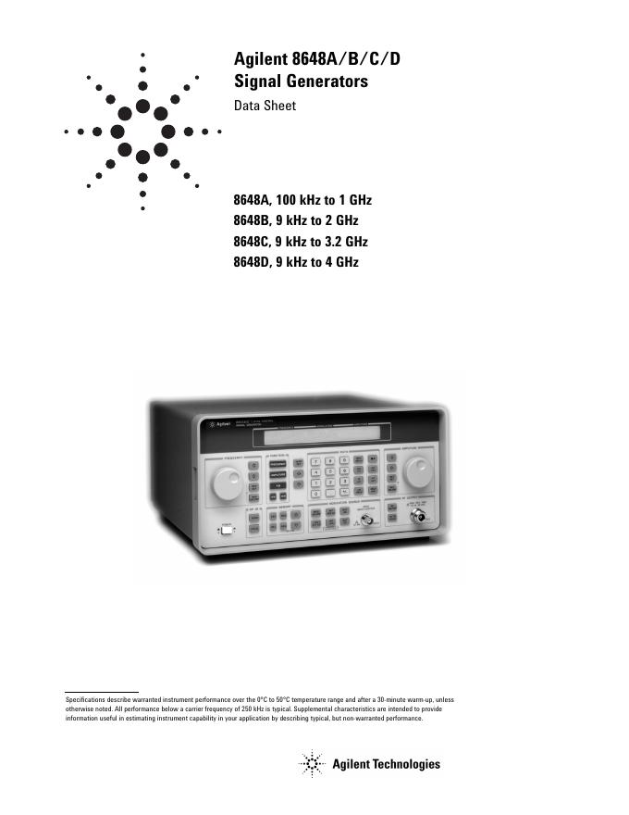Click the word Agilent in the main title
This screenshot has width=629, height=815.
pos(261,61)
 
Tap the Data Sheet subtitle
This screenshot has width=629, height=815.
pos(265,106)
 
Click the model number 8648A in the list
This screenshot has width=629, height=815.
pos(253,200)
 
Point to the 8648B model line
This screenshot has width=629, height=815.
pos(296,221)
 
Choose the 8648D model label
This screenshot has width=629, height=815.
pos(253,263)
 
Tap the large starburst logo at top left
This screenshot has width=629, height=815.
pos(142,132)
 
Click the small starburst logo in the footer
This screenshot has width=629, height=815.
pos(311,763)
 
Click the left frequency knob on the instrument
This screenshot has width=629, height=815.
pos(227,482)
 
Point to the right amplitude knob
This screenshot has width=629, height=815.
pos(418,471)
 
